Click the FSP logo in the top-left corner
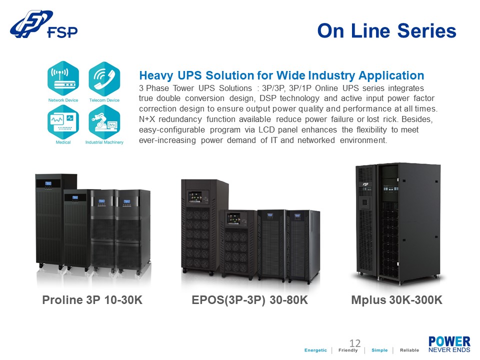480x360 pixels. [44, 26]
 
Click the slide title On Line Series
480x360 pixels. [386, 31]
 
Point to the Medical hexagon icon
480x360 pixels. [63, 121]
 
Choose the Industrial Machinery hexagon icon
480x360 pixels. [104, 121]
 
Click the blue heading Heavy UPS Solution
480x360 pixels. [281, 75]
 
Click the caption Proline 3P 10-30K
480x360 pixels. [92, 300]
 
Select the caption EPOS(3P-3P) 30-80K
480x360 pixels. [250, 300]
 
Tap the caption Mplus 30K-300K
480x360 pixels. [397, 300]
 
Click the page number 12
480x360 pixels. [355, 343]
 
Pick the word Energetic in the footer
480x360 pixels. [316, 350]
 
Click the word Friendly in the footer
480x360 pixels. [348, 350]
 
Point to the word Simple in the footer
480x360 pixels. [379, 350]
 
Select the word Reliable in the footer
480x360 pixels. [409, 350]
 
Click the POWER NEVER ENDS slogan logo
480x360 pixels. [449, 344]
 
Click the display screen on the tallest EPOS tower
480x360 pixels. [195, 195]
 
